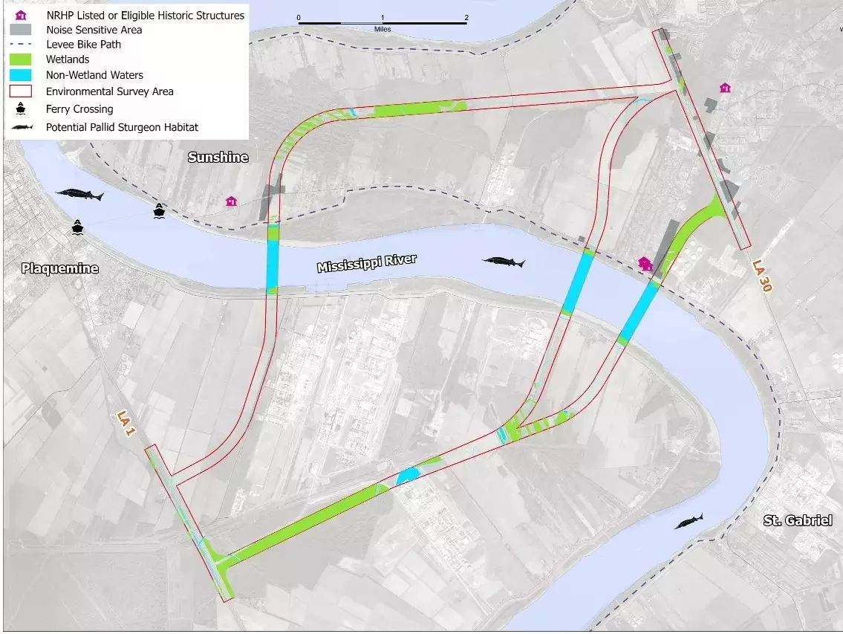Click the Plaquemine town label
tap(59, 268)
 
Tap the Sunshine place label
tap(218, 158)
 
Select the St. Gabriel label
tap(797, 520)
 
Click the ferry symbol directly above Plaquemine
tap(78, 227)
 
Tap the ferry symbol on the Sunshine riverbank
tap(159, 211)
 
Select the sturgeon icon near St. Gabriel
tap(689, 521)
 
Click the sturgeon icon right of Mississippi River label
tap(504, 262)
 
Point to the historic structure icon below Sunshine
tap(232, 201)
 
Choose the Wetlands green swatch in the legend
tap(20, 59)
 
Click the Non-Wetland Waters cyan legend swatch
tap(20, 75)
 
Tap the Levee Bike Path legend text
tap(83, 45)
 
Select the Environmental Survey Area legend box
tap(20, 91)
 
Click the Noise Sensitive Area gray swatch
tap(20, 30)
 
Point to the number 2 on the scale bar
tap(466, 17)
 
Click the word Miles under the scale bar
tap(383, 29)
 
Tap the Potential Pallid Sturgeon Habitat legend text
tap(122, 127)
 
